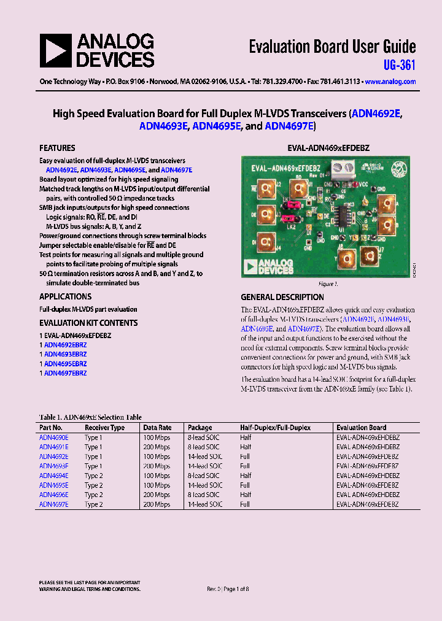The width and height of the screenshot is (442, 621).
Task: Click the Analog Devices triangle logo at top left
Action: [x=55, y=50]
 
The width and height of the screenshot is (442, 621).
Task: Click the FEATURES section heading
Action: [x=57, y=148]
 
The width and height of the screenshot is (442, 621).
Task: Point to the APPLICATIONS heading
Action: [x=65, y=296]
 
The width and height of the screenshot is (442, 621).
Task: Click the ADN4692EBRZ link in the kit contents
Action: [x=65, y=345]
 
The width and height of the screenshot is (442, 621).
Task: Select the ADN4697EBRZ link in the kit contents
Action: [x=65, y=373]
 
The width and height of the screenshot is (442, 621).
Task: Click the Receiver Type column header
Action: [x=104, y=428]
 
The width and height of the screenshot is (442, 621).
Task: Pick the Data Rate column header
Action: [x=157, y=428]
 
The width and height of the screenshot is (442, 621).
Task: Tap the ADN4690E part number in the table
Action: [x=54, y=438]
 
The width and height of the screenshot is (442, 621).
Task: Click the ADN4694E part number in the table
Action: [x=54, y=476]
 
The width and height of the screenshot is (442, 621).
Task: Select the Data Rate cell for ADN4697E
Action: [x=157, y=504]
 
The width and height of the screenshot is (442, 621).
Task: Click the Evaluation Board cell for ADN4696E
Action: [x=367, y=495]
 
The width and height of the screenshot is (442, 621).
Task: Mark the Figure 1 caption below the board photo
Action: [x=327, y=284]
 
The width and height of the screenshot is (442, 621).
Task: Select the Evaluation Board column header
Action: [x=361, y=428]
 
